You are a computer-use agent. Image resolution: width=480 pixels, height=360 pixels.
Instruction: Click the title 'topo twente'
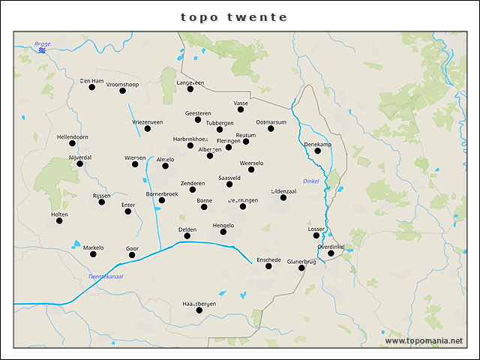point(234,17)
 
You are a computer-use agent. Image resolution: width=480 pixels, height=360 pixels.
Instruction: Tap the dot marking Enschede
point(268,266)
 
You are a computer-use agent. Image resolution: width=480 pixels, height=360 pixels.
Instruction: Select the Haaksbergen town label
point(199,303)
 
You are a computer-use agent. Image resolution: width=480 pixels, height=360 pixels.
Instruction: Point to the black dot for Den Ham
point(92,87)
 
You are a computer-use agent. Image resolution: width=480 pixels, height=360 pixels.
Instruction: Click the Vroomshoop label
point(121,84)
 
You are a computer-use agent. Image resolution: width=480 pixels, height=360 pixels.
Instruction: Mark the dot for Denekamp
point(317,151)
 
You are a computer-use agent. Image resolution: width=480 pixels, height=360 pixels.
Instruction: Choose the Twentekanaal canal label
point(106,277)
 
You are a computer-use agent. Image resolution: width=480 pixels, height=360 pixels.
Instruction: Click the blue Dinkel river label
point(310,181)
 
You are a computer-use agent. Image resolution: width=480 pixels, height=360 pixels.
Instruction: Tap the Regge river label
point(42,44)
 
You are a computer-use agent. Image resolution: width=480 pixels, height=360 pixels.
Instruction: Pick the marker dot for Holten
point(59,220)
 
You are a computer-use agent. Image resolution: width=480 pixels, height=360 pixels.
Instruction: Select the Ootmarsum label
point(271,121)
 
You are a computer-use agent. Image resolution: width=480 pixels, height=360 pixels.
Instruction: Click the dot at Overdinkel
point(331,253)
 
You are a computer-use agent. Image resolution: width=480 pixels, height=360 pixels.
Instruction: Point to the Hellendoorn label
point(72,137)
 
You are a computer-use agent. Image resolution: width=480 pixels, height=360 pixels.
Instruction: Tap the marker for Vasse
point(241,109)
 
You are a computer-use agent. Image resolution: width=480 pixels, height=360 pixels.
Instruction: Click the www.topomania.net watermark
point(424,340)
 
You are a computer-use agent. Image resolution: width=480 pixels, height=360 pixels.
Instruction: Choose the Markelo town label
point(93,247)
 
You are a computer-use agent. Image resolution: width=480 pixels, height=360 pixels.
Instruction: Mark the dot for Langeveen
point(190,89)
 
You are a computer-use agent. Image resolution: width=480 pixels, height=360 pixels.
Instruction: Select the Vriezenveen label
point(147,121)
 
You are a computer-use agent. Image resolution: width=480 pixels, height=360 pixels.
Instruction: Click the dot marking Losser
point(316,235)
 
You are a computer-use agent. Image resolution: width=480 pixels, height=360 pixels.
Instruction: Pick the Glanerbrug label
point(301,261)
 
